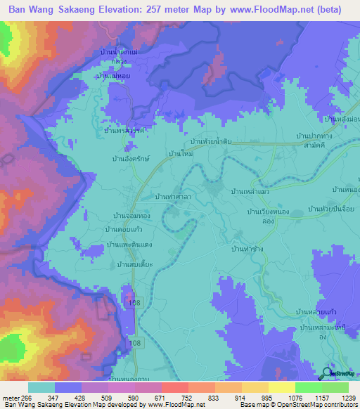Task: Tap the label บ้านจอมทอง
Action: point(130,216)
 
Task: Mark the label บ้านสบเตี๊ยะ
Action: point(135,264)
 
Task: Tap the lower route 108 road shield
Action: point(136,342)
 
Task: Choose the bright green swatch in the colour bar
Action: point(309,387)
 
